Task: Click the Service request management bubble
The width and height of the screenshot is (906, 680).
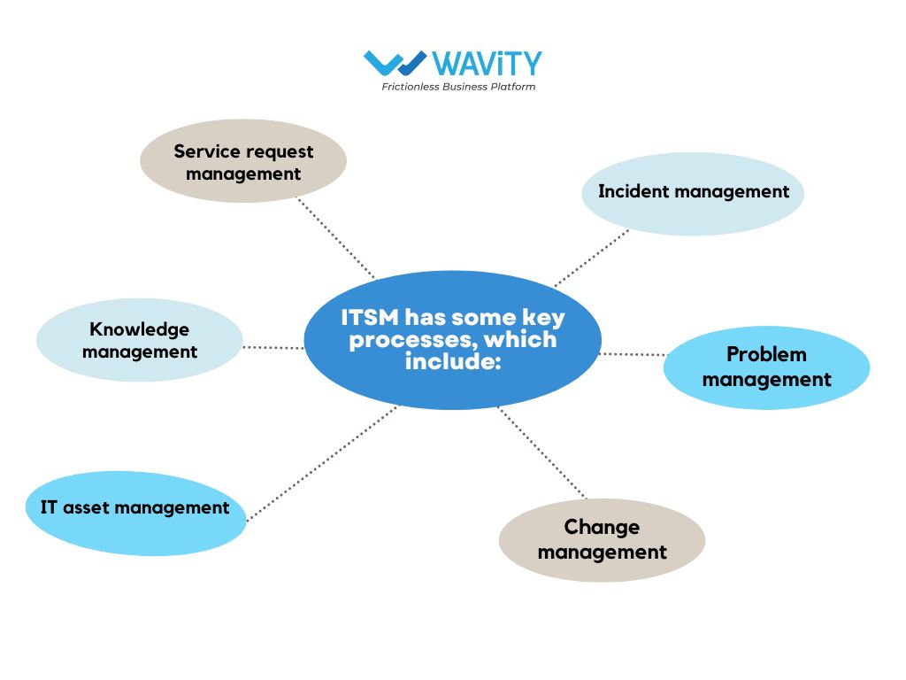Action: pyautogui.click(x=243, y=161)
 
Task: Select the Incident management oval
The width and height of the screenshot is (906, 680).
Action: pyautogui.click(x=693, y=194)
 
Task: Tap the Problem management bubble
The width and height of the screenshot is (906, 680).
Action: pyautogui.click(x=767, y=367)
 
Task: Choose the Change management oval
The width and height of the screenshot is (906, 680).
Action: pyautogui.click(x=602, y=540)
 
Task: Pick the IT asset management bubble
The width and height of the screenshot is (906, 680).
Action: pyautogui.click(x=135, y=514)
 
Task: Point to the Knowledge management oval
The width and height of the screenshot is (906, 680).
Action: pyautogui.click(x=140, y=340)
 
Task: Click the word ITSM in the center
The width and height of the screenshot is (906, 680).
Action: pyautogui.click(x=370, y=318)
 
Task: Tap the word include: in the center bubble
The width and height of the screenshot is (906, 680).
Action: pyautogui.click(x=452, y=361)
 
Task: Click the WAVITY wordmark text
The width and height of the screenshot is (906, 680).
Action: pyautogui.click(x=488, y=63)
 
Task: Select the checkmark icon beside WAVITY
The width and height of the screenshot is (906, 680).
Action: pyautogui.click(x=395, y=63)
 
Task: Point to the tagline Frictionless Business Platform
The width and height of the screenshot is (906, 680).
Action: pyautogui.click(x=458, y=87)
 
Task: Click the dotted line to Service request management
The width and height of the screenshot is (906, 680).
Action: pyautogui.click(x=335, y=237)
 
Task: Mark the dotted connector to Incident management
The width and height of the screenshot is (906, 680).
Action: pyautogui.click(x=592, y=258)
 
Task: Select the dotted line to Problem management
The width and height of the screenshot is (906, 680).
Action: pyautogui.click(x=633, y=354)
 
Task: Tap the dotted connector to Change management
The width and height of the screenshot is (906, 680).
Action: pyautogui.click(x=542, y=452)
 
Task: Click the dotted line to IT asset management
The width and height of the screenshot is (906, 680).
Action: pyautogui.click(x=322, y=464)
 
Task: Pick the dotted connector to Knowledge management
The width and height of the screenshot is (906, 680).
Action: pyautogui.click(x=273, y=347)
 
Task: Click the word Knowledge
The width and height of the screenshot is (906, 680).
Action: pyautogui.click(x=139, y=329)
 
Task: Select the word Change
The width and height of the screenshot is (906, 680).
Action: pyautogui.click(x=602, y=528)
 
